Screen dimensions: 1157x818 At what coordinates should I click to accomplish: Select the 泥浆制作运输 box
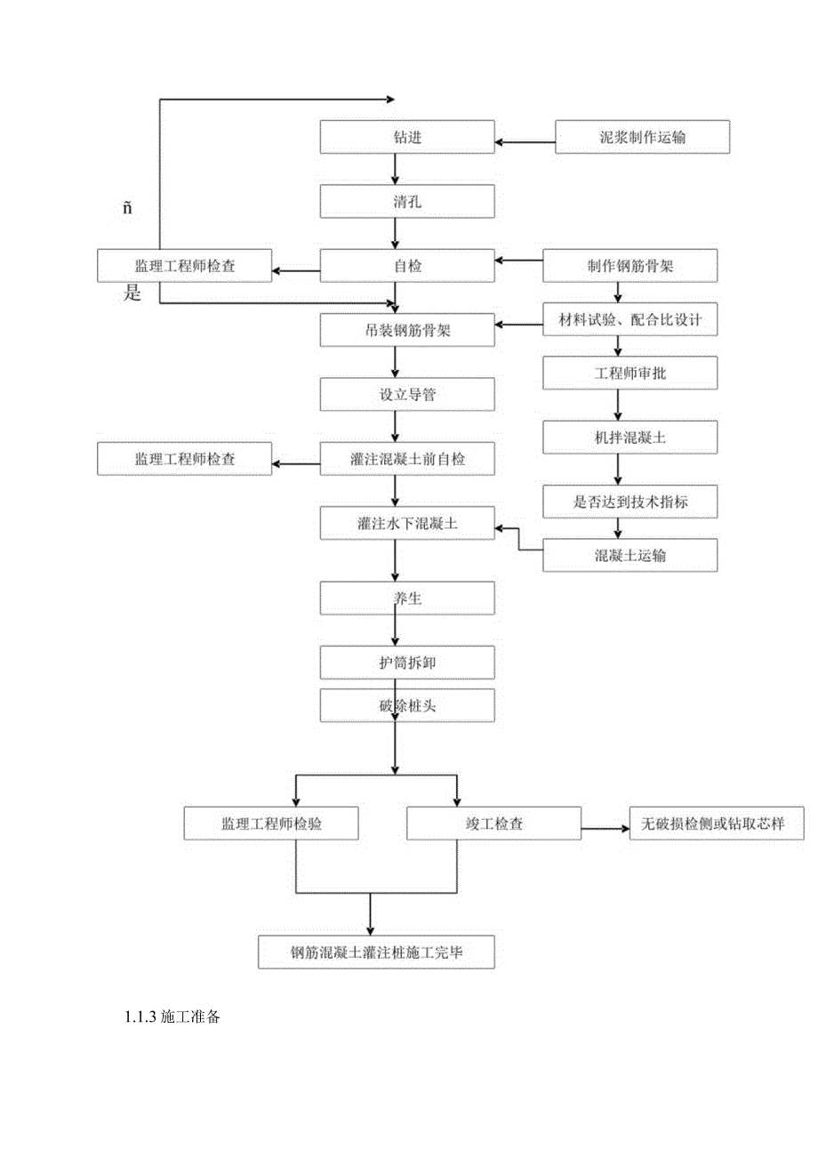coord(642,137)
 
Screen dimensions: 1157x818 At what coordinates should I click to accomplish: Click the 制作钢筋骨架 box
coord(630,265)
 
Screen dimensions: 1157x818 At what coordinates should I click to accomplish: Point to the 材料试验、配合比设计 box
coord(630,320)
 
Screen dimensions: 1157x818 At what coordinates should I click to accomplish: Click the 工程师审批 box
coord(630,374)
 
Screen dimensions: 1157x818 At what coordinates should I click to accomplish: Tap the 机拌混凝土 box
coord(630,438)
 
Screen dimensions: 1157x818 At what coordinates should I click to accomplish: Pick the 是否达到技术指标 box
coord(630,502)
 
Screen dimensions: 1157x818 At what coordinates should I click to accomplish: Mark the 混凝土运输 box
coord(630,555)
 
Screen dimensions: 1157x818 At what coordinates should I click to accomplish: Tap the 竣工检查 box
coord(494,824)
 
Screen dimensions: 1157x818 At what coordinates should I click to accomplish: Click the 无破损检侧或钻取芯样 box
coord(717,824)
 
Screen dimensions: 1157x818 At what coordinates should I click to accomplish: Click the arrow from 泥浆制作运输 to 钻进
coord(525,140)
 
